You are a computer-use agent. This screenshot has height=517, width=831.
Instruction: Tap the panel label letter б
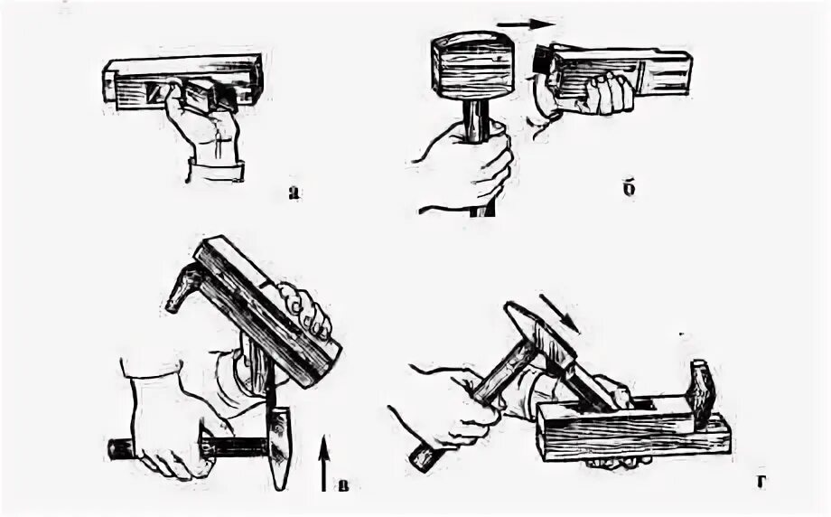tap(629, 189)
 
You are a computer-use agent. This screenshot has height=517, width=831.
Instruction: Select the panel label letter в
tap(344, 485)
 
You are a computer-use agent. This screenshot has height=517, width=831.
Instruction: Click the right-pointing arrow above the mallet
tap(526, 23)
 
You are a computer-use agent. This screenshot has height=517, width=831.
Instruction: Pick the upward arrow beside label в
tap(324, 464)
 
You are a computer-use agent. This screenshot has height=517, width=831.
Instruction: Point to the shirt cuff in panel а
tap(216, 170)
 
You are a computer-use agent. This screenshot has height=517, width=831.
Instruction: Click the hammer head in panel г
tap(540, 332)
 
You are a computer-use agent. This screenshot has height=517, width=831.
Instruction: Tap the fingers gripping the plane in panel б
tap(610, 93)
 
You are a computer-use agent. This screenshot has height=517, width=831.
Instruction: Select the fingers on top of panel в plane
tap(304, 310)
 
